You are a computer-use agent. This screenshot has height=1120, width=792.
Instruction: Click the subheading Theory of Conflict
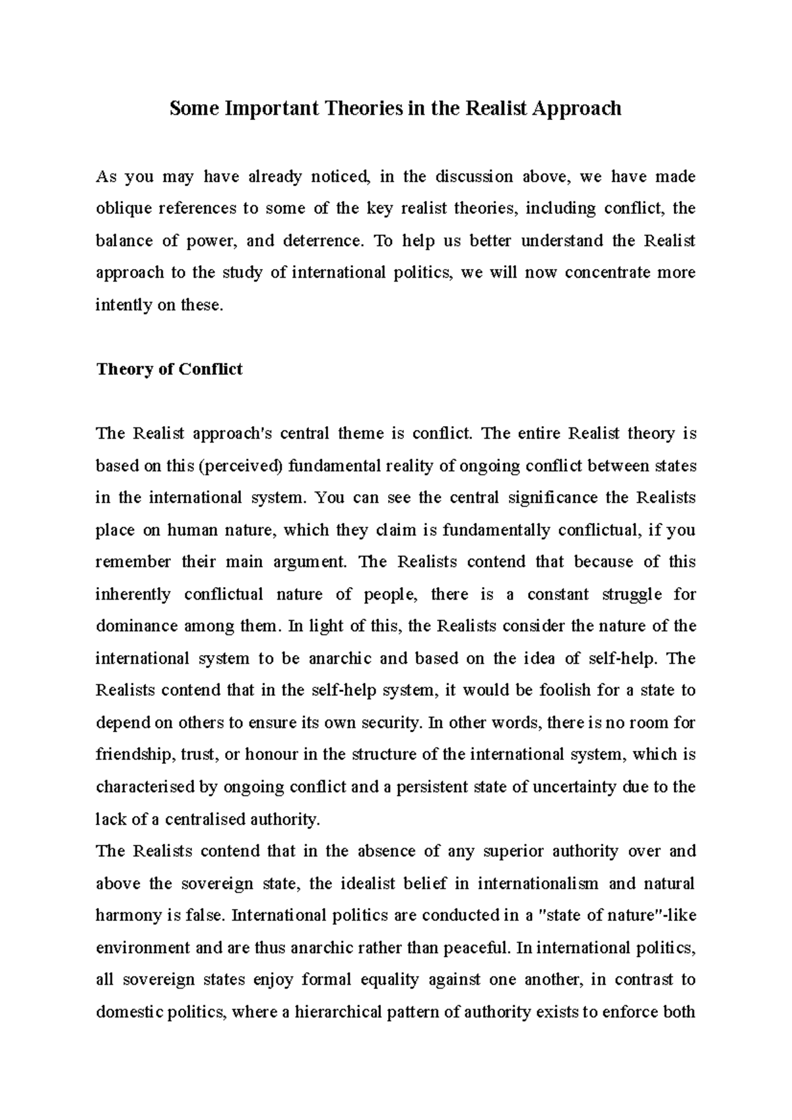[x=169, y=369]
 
